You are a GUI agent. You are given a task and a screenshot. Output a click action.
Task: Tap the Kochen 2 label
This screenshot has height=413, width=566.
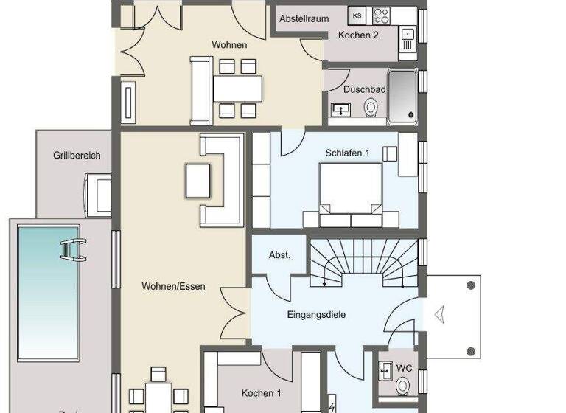(358, 35)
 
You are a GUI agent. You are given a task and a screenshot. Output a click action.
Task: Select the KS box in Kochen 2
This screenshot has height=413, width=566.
(357, 15)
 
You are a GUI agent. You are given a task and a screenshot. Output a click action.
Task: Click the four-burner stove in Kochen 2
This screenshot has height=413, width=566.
(382, 15)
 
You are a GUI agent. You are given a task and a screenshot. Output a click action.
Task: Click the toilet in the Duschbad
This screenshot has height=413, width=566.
(371, 108)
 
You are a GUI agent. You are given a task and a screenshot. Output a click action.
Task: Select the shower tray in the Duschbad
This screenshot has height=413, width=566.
(403, 94)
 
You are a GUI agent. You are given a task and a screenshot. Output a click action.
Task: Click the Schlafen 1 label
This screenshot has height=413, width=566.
(347, 153)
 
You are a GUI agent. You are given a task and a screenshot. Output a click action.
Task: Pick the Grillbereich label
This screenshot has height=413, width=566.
(77, 156)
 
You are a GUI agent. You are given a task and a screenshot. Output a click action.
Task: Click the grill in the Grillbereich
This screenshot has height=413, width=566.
(98, 194)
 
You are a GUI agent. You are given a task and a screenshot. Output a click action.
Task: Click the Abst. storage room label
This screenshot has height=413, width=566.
(279, 255)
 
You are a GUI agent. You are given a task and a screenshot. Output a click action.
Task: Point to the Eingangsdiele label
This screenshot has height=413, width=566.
(316, 314)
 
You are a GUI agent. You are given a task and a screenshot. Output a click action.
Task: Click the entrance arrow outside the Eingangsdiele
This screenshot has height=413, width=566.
(439, 315)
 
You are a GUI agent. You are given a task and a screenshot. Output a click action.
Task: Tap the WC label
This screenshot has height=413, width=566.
(404, 367)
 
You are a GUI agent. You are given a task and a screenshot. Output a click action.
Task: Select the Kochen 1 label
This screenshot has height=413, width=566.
(261, 393)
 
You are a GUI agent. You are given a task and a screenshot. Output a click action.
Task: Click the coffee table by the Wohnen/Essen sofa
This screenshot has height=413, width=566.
(198, 180)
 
